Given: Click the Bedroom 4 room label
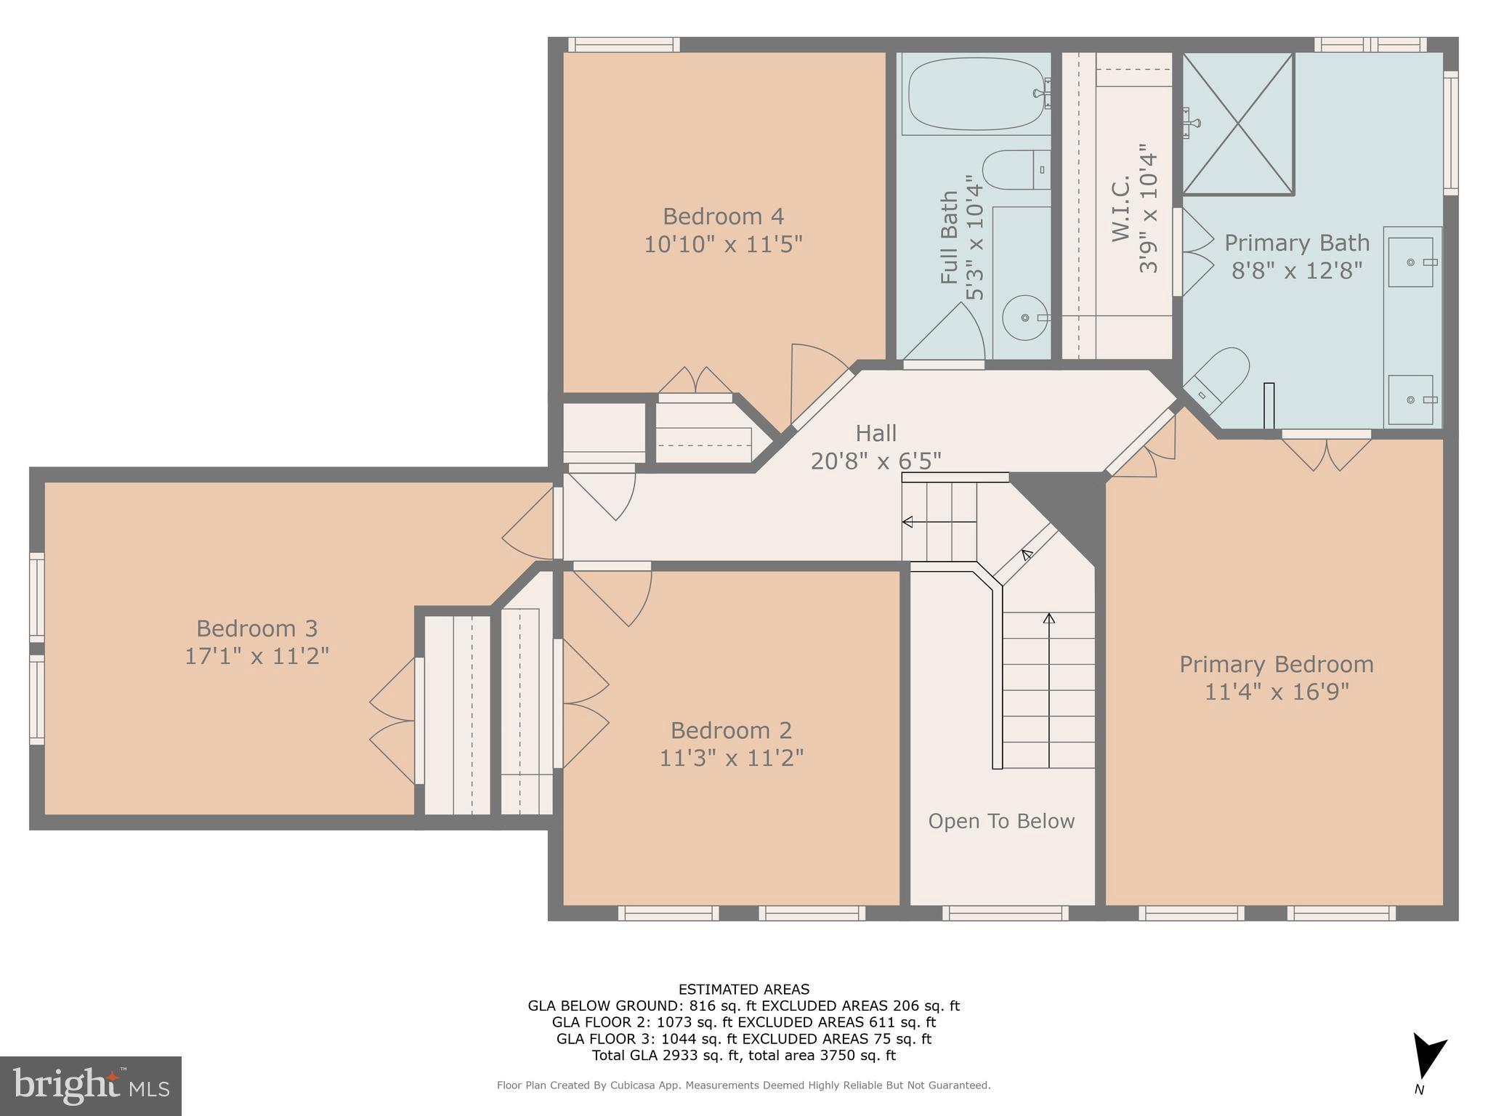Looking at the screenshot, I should point(723,217).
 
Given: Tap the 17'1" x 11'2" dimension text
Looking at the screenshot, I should point(256,656).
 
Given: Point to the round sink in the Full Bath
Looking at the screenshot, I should point(1025,318).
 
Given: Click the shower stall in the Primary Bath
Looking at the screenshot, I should point(1238,124).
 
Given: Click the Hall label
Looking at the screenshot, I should point(876,433).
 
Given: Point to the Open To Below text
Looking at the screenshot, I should point(1001,821).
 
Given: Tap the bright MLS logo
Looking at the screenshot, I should point(91,1085).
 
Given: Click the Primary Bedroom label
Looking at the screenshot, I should point(1276,664).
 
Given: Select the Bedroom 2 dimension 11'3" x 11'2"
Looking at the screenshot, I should point(731,758).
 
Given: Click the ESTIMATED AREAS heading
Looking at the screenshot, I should point(743,989).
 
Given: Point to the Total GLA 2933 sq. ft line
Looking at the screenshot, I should point(743,1055).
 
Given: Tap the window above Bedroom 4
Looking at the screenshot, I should point(623,45).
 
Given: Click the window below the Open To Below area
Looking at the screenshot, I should point(1006,913).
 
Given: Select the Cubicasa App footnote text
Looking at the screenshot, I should point(743,1085).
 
